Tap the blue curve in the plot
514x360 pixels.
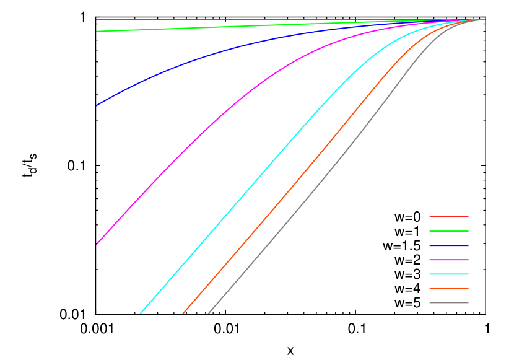pyautogui.click(x=186, y=63)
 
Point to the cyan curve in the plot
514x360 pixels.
pyautogui.click(x=248, y=188)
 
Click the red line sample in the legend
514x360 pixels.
pyautogui.click(x=449, y=217)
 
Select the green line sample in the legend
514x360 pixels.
pyautogui.click(x=449, y=231)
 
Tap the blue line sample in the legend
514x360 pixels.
pyautogui.click(x=449, y=245)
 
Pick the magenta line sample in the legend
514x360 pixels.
pyautogui.click(x=449, y=260)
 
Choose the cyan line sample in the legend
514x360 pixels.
pyautogui.click(x=449, y=274)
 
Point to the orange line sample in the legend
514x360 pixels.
pyautogui.click(x=449, y=288)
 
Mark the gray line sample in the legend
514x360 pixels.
pyautogui.click(x=449, y=302)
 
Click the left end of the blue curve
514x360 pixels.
pyautogui.click(x=97, y=105)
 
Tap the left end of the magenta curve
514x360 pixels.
pyautogui.click(x=97, y=244)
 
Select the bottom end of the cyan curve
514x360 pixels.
pyautogui.click(x=141, y=313)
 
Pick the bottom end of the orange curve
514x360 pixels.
pyautogui.click(x=183, y=313)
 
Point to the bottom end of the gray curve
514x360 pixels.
pyautogui.click(x=208, y=313)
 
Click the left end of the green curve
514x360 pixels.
pyautogui.click(x=97, y=31)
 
